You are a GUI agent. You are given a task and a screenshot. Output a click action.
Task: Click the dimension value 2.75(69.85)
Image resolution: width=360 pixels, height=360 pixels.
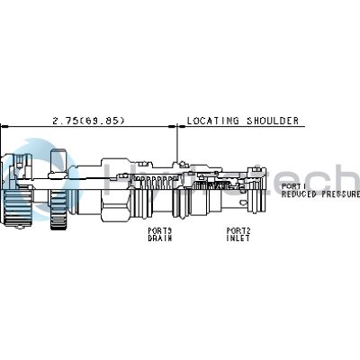tap(88, 120)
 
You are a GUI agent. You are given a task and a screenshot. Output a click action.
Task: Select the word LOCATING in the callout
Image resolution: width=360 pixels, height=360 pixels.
tap(209, 120)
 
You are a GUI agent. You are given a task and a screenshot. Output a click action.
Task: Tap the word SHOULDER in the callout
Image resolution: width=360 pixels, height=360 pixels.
tap(256, 120)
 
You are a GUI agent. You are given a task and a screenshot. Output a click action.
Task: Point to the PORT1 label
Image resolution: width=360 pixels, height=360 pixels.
tap(293, 185)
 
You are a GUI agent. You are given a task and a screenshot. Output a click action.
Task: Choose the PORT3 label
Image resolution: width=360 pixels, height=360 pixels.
tap(160, 229)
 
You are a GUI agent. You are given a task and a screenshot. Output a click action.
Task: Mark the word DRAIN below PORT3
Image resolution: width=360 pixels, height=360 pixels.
tap(160, 238)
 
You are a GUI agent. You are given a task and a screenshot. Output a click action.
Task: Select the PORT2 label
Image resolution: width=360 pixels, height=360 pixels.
tap(238, 229)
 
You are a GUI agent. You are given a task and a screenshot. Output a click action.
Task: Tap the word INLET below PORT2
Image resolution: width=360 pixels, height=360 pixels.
tap(238, 238)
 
